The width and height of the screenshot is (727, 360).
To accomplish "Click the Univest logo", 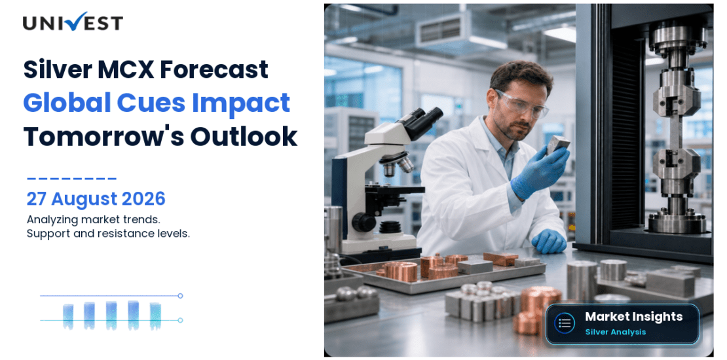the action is click(73, 22).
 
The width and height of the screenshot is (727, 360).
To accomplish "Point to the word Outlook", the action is click(244, 136).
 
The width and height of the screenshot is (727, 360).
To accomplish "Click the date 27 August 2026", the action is click(96, 199).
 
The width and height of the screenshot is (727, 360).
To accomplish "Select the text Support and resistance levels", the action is click(108, 234).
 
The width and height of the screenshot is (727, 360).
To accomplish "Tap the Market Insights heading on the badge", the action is click(633, 316).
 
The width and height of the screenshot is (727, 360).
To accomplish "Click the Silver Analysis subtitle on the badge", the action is click(615, 332).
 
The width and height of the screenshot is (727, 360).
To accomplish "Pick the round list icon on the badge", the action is click(565, 323).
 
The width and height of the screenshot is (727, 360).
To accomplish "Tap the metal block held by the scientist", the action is click(557, 145).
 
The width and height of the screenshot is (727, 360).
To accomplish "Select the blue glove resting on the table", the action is click(548, 242).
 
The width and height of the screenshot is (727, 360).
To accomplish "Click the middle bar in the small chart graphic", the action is click(111, 315).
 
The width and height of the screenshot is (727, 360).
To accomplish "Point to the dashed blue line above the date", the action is click(71, 178).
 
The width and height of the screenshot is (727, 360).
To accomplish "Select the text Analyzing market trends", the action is click(94, 219).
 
